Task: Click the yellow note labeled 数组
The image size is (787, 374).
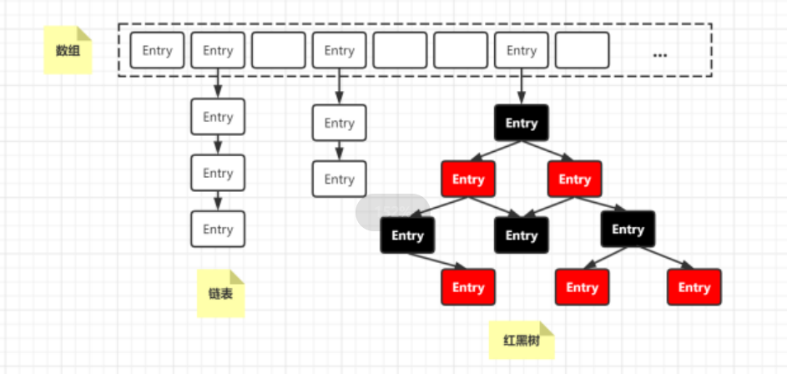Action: pos(68,50)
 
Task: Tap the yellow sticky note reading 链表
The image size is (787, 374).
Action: pos(220,294)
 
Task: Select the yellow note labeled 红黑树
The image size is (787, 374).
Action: pos(522,341)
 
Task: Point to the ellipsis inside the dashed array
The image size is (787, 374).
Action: pos(659,55)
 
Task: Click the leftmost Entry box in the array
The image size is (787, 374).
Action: pos(157,50)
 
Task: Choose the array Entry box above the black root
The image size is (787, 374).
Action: pos(522,50)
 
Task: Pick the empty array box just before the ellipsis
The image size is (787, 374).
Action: pos(583,50)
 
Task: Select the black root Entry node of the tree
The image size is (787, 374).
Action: pos(522,123)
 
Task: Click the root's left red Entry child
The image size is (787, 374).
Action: pos(468,179)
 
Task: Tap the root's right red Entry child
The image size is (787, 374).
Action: pos(575,179)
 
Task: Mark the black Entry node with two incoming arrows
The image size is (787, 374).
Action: pos(522,235)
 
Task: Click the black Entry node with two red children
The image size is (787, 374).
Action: pos(628,230)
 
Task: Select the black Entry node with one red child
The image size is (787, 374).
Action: pos(407,235)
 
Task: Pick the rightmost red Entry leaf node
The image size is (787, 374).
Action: pos(694,287)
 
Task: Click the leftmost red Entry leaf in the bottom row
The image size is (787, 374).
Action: pos(468,287)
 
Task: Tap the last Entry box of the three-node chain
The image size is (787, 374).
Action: pos(218,229)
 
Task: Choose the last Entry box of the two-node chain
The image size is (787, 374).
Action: pos(340,179)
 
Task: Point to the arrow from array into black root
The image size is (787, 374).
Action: pos(522,86)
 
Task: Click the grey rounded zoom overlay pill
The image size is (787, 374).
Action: pos(392,212)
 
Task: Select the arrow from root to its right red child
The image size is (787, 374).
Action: pos(548,151)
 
